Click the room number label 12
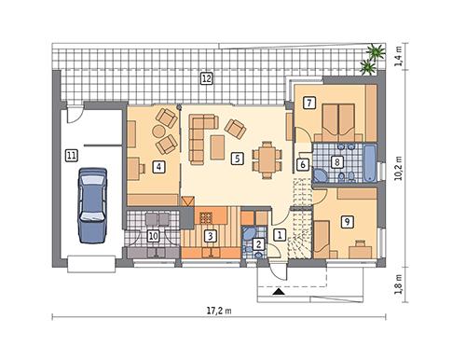pos(206,78)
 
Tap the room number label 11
pos(72,156)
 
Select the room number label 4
pos(159,167)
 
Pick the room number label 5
pos(239,159)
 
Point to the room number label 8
pos(336,160)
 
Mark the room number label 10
pos(153,236)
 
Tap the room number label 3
pos(212,236)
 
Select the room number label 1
pos(281,235)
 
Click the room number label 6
pos(303,164)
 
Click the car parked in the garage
pos(94,202)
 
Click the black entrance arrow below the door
pos(278,291)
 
